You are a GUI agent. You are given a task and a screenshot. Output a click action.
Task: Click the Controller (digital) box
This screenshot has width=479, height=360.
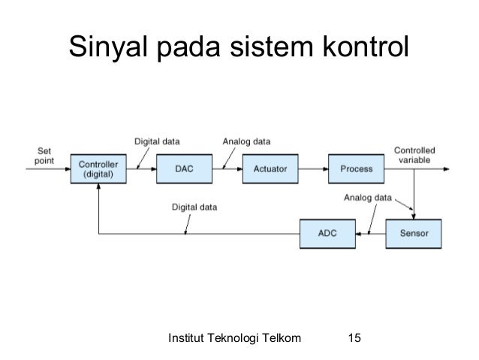(98, 169)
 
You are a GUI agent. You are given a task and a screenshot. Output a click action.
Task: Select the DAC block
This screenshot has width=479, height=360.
(184, 169)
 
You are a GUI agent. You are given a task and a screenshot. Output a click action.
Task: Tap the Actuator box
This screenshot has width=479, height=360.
(270, 169)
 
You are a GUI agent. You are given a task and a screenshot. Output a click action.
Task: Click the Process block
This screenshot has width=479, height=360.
(356, 169)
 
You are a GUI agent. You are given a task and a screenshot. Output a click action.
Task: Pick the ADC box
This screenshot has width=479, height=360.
(327, 234)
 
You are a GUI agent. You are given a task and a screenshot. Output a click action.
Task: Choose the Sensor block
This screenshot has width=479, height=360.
(413, 234)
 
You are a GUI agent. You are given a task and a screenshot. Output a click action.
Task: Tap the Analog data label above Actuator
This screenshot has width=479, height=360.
(247, 141)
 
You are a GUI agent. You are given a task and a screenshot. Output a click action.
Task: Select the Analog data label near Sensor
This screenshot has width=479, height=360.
(367, 198)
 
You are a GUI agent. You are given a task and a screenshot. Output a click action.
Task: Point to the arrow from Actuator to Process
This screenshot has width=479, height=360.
(313, 169)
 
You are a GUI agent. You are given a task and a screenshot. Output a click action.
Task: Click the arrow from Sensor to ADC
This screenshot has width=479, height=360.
(369, 234)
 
